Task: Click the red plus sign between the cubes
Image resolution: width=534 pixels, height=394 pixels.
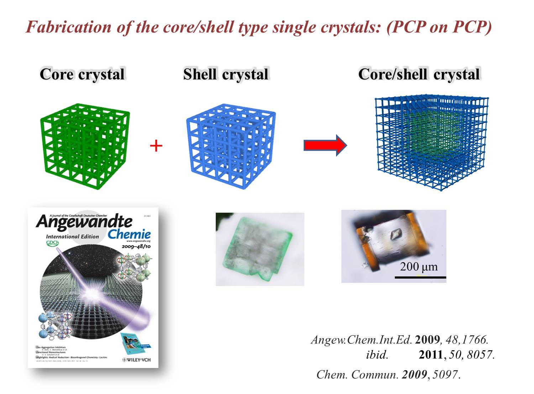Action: [156, 146]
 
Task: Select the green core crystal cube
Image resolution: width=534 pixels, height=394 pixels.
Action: [84, 146]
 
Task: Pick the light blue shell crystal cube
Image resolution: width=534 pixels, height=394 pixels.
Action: [230, 146]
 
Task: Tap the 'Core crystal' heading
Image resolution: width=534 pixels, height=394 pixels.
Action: [82, 74]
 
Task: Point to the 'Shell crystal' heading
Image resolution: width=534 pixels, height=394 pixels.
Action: [226, 74]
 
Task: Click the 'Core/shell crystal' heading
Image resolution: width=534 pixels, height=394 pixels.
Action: [419, 74]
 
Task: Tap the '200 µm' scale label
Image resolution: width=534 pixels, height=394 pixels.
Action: [419, 266]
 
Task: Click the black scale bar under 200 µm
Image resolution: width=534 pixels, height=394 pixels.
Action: [420, 277]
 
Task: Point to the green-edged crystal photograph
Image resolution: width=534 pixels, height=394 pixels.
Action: [260, 249]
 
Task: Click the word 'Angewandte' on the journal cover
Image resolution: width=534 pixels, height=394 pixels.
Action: [84, 222]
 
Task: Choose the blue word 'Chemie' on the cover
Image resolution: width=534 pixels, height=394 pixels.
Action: [129, 234]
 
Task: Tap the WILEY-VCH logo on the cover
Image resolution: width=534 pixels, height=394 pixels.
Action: [136, 360]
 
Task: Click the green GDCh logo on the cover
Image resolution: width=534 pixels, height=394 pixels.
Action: [52, 243]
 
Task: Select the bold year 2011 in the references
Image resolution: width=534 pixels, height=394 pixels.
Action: [430, 355]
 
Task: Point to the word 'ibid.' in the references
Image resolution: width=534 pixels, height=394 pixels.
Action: [377, 355]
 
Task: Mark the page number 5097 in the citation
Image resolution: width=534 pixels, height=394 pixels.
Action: [445, 375]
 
